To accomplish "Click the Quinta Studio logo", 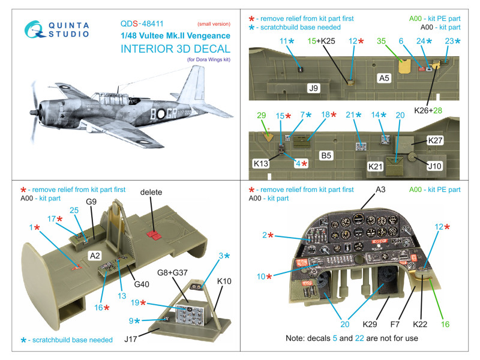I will [55, 33].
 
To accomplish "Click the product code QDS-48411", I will [143, 24].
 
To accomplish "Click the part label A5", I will [385, 78].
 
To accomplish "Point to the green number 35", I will [382, 40].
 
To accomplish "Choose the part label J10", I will [436, 166].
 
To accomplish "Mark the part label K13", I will [262, 163].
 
